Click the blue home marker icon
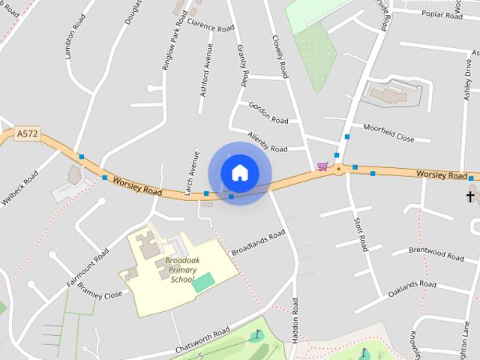[x=239, y=172]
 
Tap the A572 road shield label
[x=27, y=134]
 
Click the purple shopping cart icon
[x=322, y=166]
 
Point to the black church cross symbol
[x=471, y=196]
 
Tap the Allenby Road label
[x=268, y=143]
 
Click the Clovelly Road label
[x=280, y=55]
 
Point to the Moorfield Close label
[x=388, y=133]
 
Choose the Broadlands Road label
[x=259, y=241]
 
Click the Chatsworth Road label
[x=202, y=342]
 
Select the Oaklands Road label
[x=412, y=290]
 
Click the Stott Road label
[x=361, y=232]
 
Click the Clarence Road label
[x=211, y=25]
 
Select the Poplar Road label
[x=442, y=13]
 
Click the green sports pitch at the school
[x=203, y=283]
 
